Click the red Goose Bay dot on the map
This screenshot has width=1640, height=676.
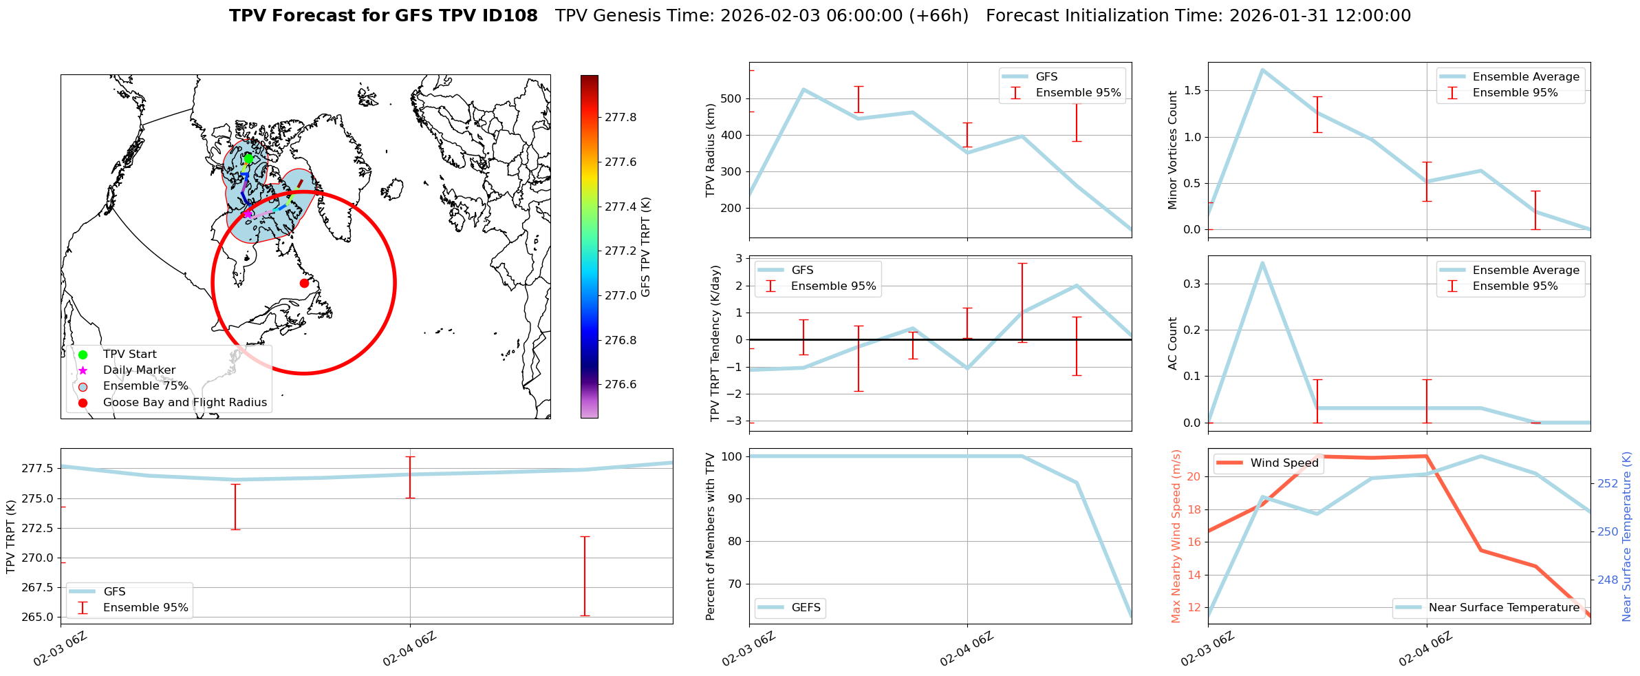(x=304, y=283)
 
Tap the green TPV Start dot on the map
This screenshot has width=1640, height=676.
(x=248, y=159)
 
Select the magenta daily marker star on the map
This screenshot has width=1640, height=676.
(x=247, y=214)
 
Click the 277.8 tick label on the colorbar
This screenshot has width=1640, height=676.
(x=621, y=118)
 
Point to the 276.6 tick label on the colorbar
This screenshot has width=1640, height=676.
(x=621, y=385)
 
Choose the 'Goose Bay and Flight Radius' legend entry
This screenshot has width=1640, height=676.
(x=184, y=403)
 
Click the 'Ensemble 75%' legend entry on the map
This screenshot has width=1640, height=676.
(x=145, y=386)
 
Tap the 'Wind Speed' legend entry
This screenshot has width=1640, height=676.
(x=1284, y=463)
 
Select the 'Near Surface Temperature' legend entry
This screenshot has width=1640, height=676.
(x=1504, y=608)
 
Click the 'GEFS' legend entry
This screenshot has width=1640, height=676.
(x=806, y=608)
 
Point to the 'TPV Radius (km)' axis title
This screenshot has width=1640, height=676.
(x=711, y=151)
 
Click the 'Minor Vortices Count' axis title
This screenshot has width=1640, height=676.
(x=1172, y=150)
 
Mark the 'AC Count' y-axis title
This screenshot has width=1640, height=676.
(x=1172, y=344)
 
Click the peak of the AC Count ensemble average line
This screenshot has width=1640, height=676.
(x=1262, y=262)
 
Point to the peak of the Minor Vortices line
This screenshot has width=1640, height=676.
(x=1262, y=70)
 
